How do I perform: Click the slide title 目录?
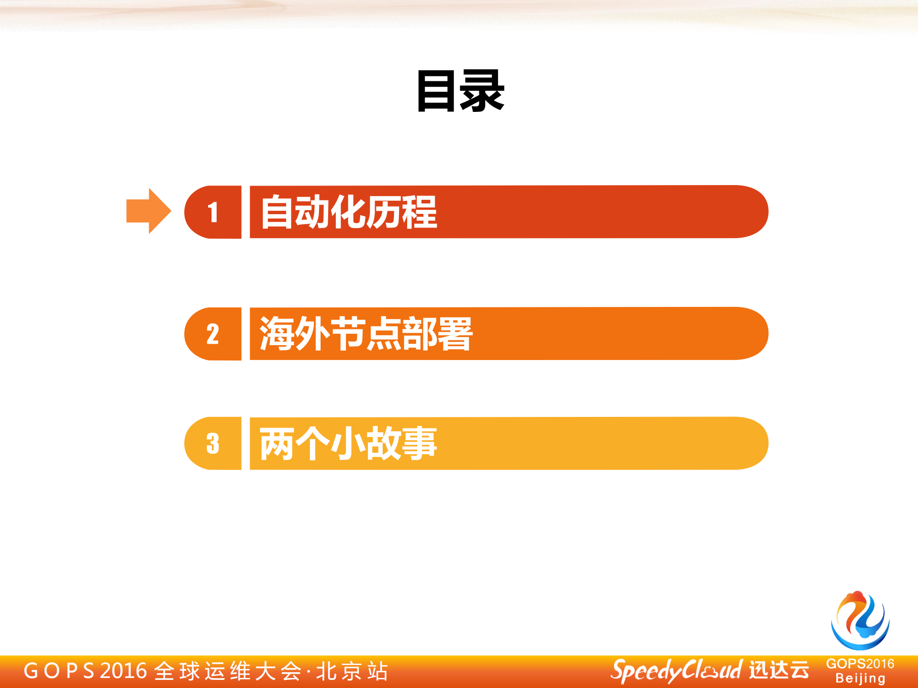tap(460, 91)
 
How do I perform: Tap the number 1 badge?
tap(213, 212)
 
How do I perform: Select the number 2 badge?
tap(213, 334)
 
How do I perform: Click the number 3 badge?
tap(213, 443)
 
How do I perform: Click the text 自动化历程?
tap(349, 212)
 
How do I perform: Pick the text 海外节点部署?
tap(366, 334)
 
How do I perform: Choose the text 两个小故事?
tap(348, 443)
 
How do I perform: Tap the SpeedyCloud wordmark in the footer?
tap(676, 671)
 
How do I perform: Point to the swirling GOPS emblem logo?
tap(860, 621)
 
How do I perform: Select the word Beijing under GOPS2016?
tap(860, 678)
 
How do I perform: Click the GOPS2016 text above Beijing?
tap(860, 664)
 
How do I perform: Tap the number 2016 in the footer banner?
tap(123, 671)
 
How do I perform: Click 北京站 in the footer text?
tap(352, 671)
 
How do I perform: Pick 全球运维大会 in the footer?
tap(228, 671)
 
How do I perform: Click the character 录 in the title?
tap(482, 91)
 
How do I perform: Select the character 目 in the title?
tap(436, 91)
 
